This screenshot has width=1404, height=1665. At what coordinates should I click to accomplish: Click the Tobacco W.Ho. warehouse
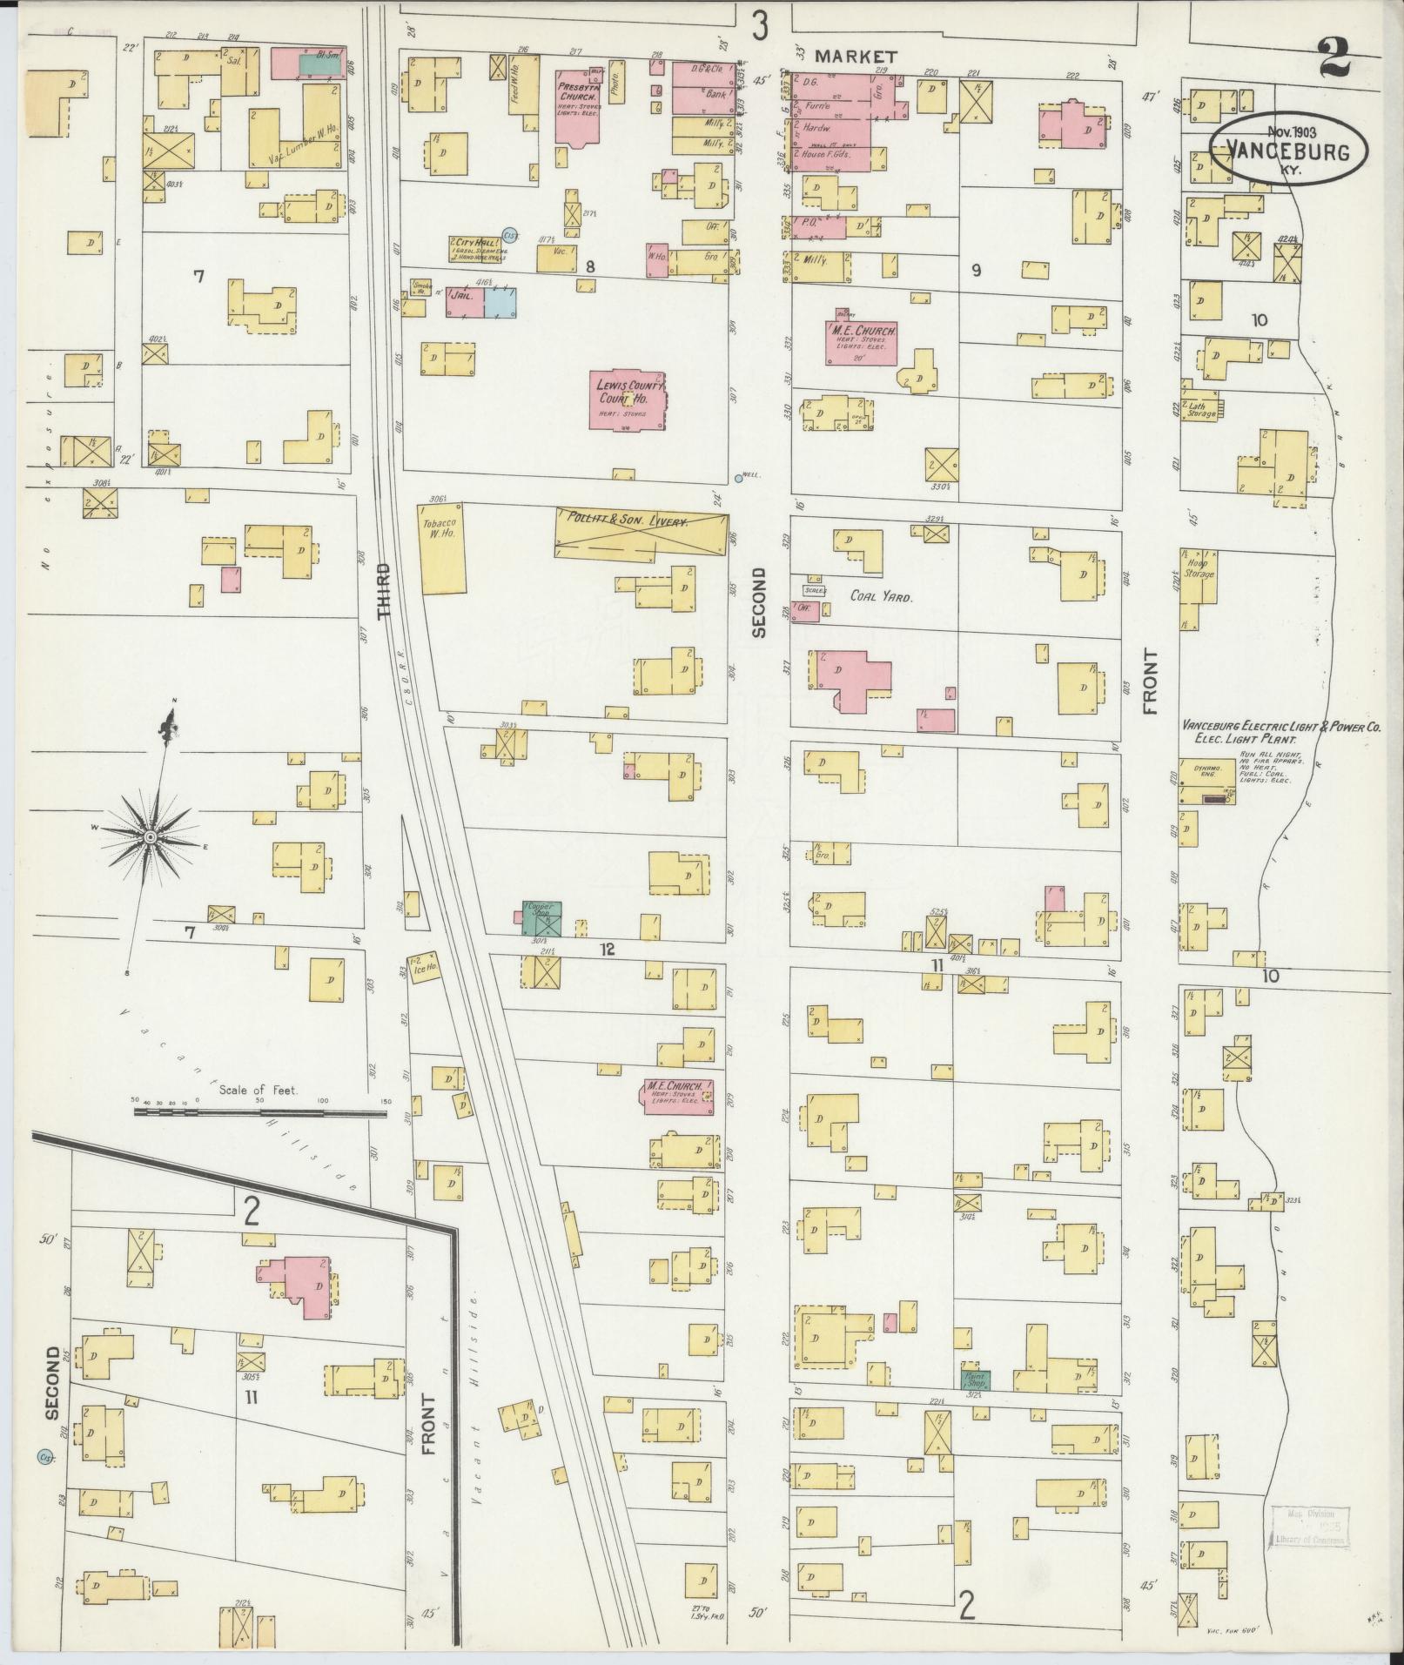pyautogui.click(x=444, y=550)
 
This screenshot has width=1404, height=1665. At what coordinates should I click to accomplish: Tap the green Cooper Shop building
pyautogui.click(x=542, y=918)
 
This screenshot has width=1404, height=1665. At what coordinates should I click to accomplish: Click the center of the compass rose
pyautogui.click(x=151, y=836)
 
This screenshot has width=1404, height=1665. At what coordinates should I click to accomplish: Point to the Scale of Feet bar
pyautogui.click(x=261, y=1111)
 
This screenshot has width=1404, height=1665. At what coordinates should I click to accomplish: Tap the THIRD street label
pyautogui.click(x=385, y=591)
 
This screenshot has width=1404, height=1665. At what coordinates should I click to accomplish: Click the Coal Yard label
pyautogui.click(x=881, y=598)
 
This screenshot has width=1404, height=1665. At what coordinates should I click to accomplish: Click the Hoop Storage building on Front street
pyautogui.click(x=1199, y=574)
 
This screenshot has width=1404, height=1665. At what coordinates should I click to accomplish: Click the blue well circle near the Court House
pyautogui.click(x=738, y=477)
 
